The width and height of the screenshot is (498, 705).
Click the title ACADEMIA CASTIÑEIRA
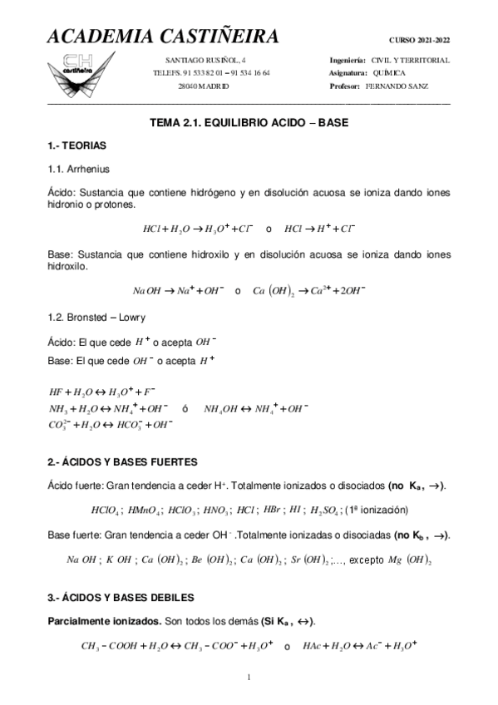pyautogui.click(x=163, y=37)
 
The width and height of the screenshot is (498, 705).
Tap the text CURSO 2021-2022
pyautogui.click(x=419, y=40)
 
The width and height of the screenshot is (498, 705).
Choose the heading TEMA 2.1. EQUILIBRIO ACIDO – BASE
pyautogui.click(x=249, y=121)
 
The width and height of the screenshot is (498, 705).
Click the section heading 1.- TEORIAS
pyautogui.click(x=77, y=145)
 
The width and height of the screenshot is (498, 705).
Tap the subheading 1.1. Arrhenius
pyautogui.click(x=80, y=169)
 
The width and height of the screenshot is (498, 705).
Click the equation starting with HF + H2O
pyautogui.click(x=102, y=390)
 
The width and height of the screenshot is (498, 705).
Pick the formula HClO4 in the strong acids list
pyautogui.click(x=107, y=510)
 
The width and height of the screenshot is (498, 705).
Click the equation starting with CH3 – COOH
pyautogui.click(x=178, y=646)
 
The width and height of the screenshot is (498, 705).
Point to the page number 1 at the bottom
pyautogui.click(x=249, y=678)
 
